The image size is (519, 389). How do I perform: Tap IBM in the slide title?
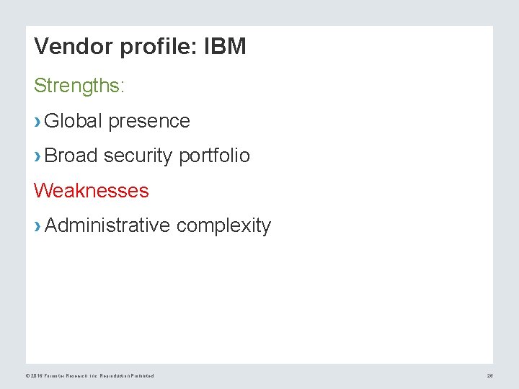pyautogui.click(x=225, y=47)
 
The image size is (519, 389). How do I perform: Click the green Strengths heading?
pyautogui.click(x=79, y=86)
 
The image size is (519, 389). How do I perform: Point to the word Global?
pyautogui.click(x=74, y=121)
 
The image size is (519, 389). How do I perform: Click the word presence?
pyautogui.click(x=149, y=121)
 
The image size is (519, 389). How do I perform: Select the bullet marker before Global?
pyautogui.click(x=37, y=122)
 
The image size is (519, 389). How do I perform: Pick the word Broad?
pyautogui.click(x=71, y=156)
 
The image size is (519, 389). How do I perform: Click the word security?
pyautogui.click(x=138, y=156)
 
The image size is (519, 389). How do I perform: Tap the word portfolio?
pyautogui.click(x=214, y=156)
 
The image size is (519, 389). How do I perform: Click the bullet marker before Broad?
pyautogui.click(x=37, y=156)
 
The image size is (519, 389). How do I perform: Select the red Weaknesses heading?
pyautogui.click(x=91, y=191)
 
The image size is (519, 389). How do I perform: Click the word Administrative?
pyautogui.click(x=107, y=225)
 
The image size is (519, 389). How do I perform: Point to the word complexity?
pyautogui.click(x=223, y=225)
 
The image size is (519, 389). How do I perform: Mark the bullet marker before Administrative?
pyautogui.click(x=37, y=226)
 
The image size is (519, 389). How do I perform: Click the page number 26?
pyautogui.click(x=489, y=376)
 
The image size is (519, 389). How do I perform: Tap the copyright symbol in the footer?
pyautogui.click(x=27, y=376)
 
